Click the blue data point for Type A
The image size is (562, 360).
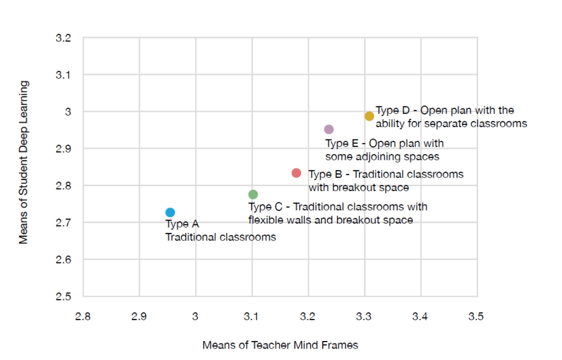[x=170, y=212]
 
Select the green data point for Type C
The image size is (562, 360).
[x=253, y=194]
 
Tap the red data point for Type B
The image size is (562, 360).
[x=296, y=173]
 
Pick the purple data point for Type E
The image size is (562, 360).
[x=328, y=129]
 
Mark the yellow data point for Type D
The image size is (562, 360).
[x=369, y=116]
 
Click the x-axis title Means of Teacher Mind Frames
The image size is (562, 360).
[x=280, y=345]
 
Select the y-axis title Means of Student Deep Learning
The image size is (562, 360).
[x=23, y=162]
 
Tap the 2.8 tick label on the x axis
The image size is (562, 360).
[x=83, y=316]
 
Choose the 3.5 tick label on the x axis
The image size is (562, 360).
[x=476, y=316]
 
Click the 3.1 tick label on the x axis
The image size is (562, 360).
[x=251, y=316]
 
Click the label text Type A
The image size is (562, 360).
[x=182, y=224]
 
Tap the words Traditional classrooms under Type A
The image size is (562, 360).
[x=220, y=237]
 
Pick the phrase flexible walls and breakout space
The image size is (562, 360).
[x=330, y=220]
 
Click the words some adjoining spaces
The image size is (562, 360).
[x=382, y=156]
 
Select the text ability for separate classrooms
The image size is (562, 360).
[x=451, y=123]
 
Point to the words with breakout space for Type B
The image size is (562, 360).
[x=358, y=187]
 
